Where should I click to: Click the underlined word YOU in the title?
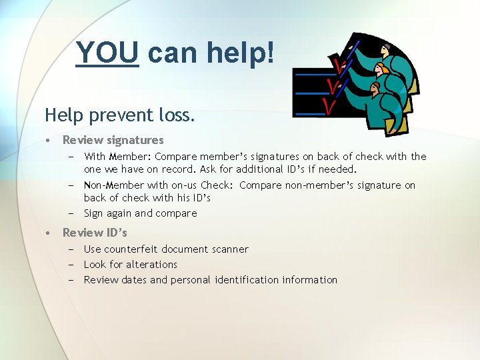pyautogui.click(x=107, y=52)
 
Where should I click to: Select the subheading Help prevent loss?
pyautogui.click(x=120, y=115)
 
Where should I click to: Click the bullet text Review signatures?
pyautogui.click(x=113, y=140)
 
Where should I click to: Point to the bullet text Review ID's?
pyautogui.click(x=95, y=233)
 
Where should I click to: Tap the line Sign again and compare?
pyautogui.click(x=140, y=213)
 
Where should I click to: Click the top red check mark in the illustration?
pyautogui.click(x=340, y=65)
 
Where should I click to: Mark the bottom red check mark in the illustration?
pyautogui.click(x=328, y=106)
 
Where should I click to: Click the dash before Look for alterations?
pyautogui.click(x=70, y=265)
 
